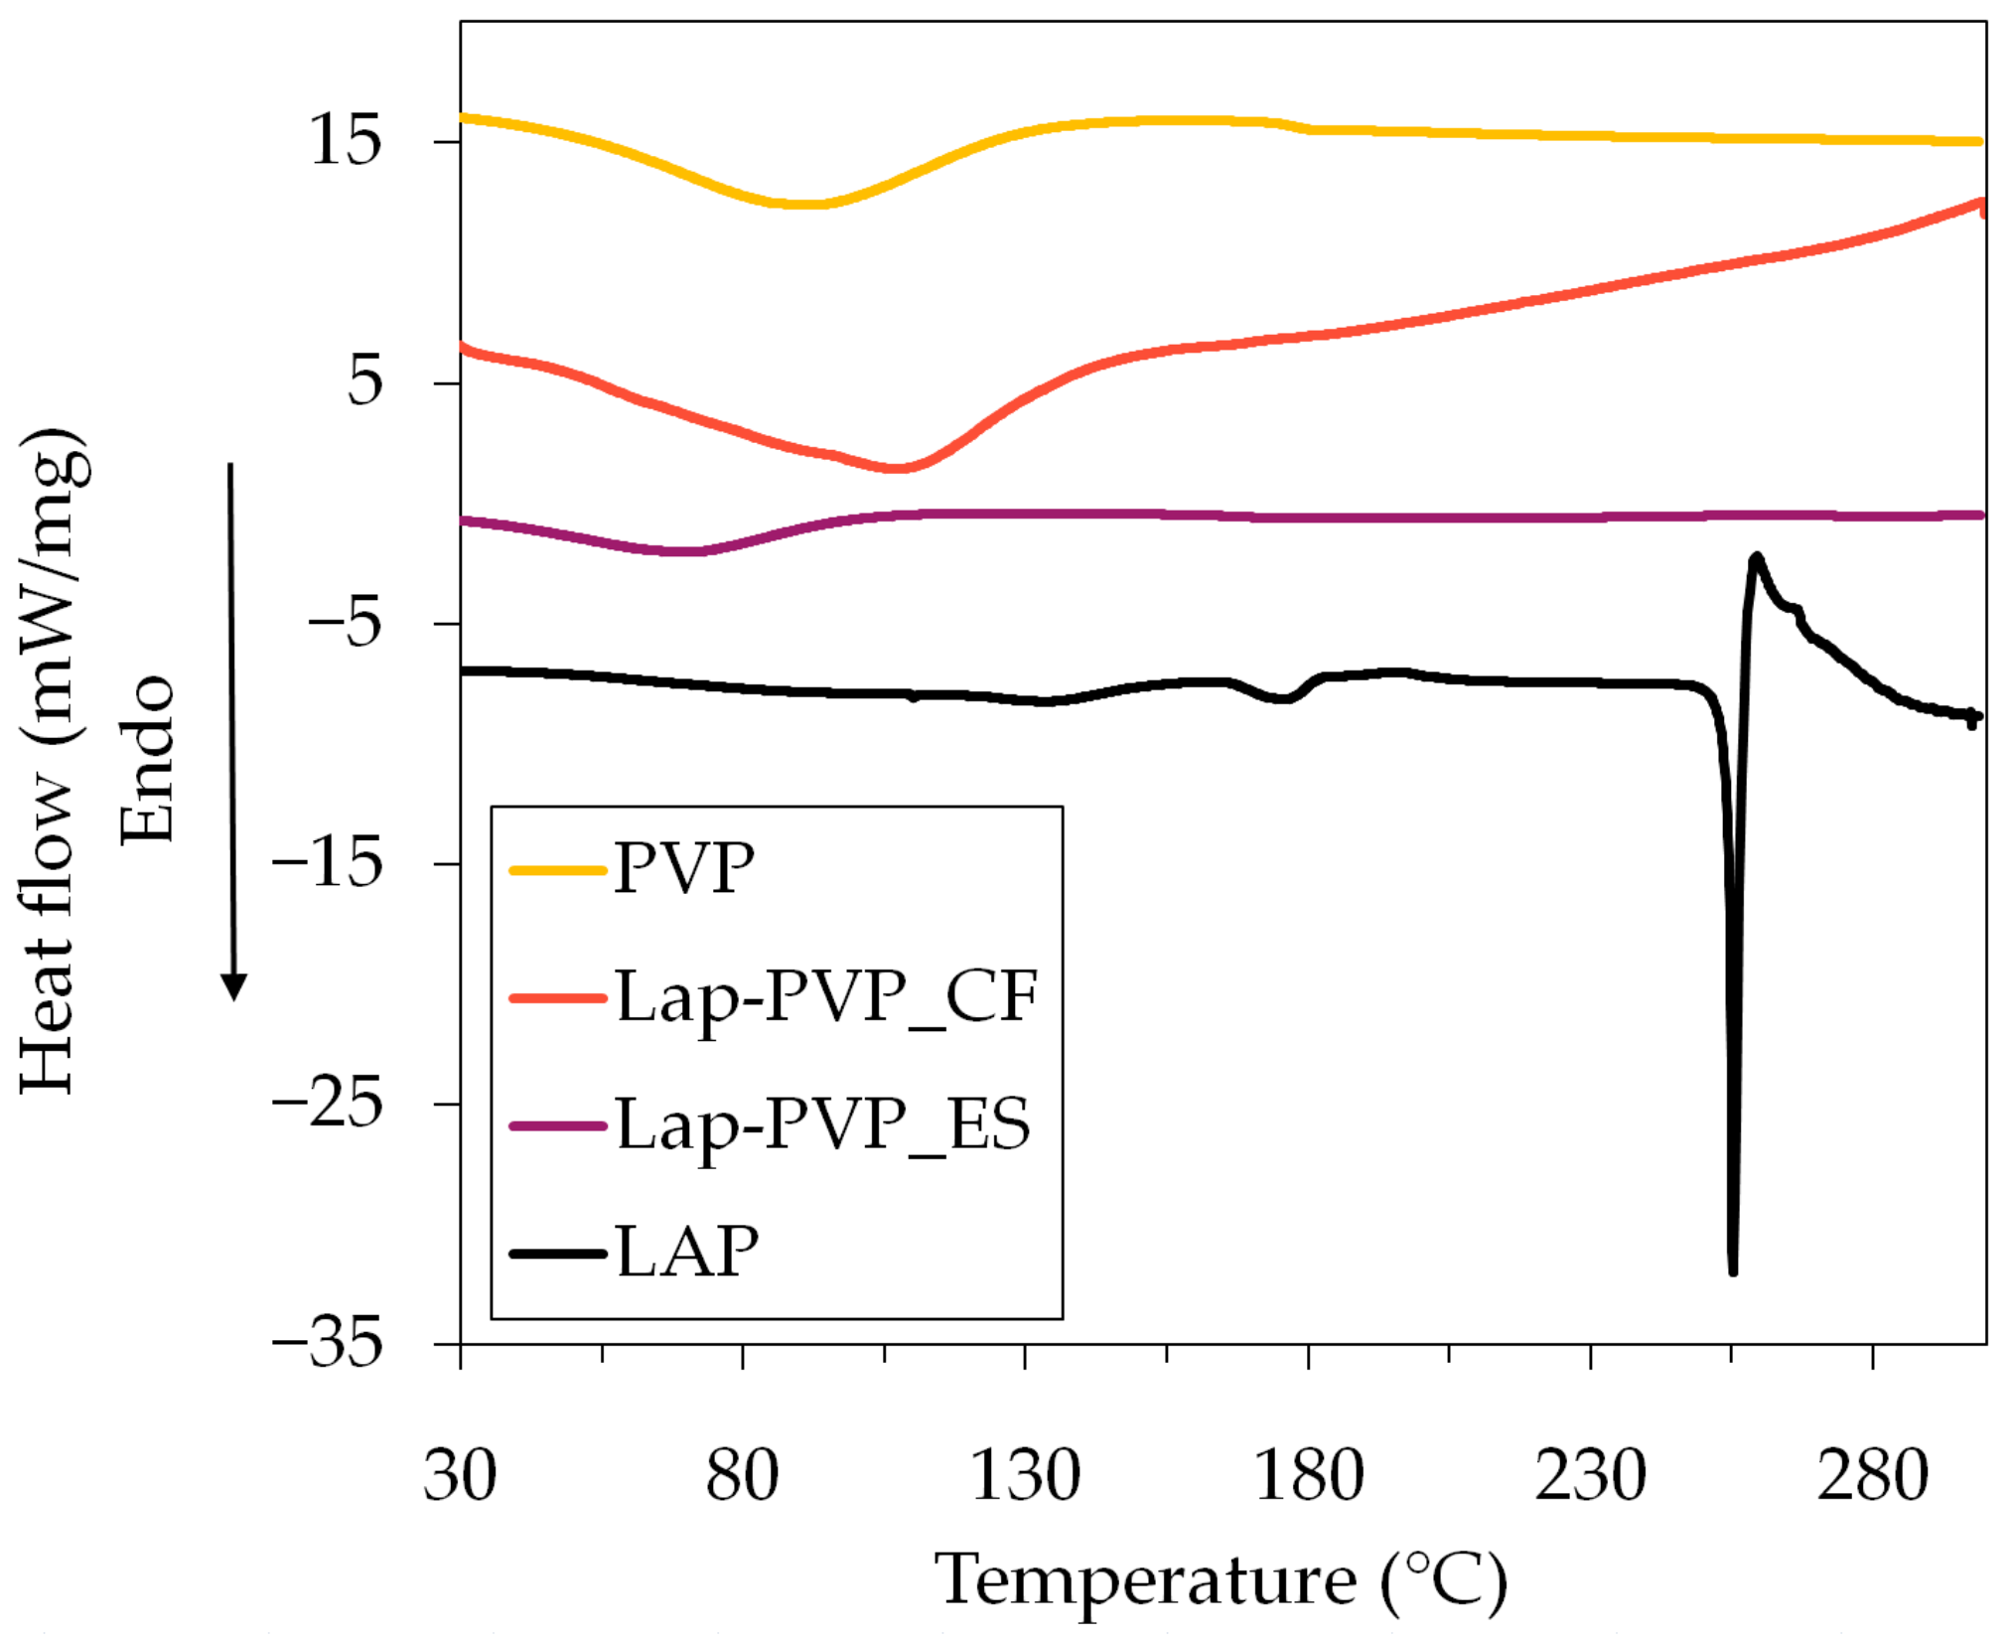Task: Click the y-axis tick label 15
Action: pyautogui.click(x=345, y=140)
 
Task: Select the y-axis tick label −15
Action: pyautogui.click(x=327, y=862)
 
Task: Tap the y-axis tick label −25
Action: pyautogui.click(x=327, y=1104)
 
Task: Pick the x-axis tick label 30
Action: pyautogui.click(x=460, y=1476)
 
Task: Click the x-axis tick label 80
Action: pyautogui.click(x=742, y=1476)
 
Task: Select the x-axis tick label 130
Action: pyautogui.click(x=1025, y=1476)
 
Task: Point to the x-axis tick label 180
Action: pyautogui.click(x=1308, y=1476)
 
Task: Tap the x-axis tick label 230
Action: pyautogui.click(x=1590, y=1476)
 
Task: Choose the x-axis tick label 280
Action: pyautogui.click(x=1872, y=1476)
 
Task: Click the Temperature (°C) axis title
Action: pyautogui.click(x=1221, y=1580)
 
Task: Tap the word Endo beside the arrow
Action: pyautogui.click(x=147, y=760)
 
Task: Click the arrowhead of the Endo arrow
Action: pyautogui.click(x=233, y=987)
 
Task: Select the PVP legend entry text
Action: pyautogui.click(x=684, y=869)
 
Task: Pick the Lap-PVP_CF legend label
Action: pyautogui.click(x=826, y=996)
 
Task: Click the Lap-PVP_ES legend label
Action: pyautogui.click(x=823, y=1125)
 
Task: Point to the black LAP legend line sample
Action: pyautogui.click(x=557, y=1254)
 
